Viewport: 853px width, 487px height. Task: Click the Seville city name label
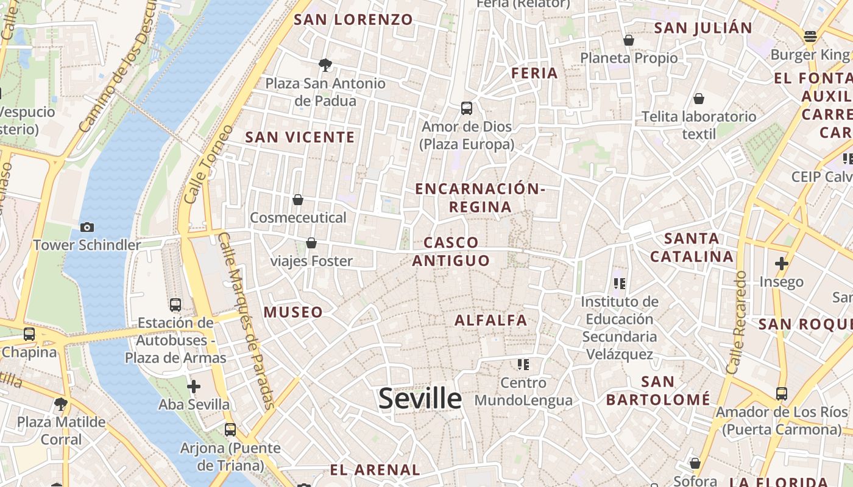420,399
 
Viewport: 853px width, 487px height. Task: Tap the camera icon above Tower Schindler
87,227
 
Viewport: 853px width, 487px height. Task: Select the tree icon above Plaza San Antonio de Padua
325,65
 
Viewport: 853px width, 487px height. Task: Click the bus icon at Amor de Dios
467,108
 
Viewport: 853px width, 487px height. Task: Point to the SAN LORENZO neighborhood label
353,19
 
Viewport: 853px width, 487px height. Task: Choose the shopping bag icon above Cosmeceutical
298,199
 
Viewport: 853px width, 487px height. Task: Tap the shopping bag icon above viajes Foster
311,243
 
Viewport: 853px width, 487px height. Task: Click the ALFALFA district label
491,320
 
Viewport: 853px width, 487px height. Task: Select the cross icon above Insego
781,264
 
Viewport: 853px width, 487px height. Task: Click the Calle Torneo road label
209,164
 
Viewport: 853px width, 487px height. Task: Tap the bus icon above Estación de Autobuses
175,304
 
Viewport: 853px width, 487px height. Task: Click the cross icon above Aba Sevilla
194,386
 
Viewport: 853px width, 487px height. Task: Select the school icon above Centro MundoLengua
523,364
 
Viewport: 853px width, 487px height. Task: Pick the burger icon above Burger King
810,36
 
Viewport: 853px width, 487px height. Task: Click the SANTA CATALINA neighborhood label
692,247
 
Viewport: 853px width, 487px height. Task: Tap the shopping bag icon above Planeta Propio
628,40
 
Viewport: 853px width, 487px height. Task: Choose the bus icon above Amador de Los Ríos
782,393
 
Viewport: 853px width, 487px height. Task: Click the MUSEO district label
293,312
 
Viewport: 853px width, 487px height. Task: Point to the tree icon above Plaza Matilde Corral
61,404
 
